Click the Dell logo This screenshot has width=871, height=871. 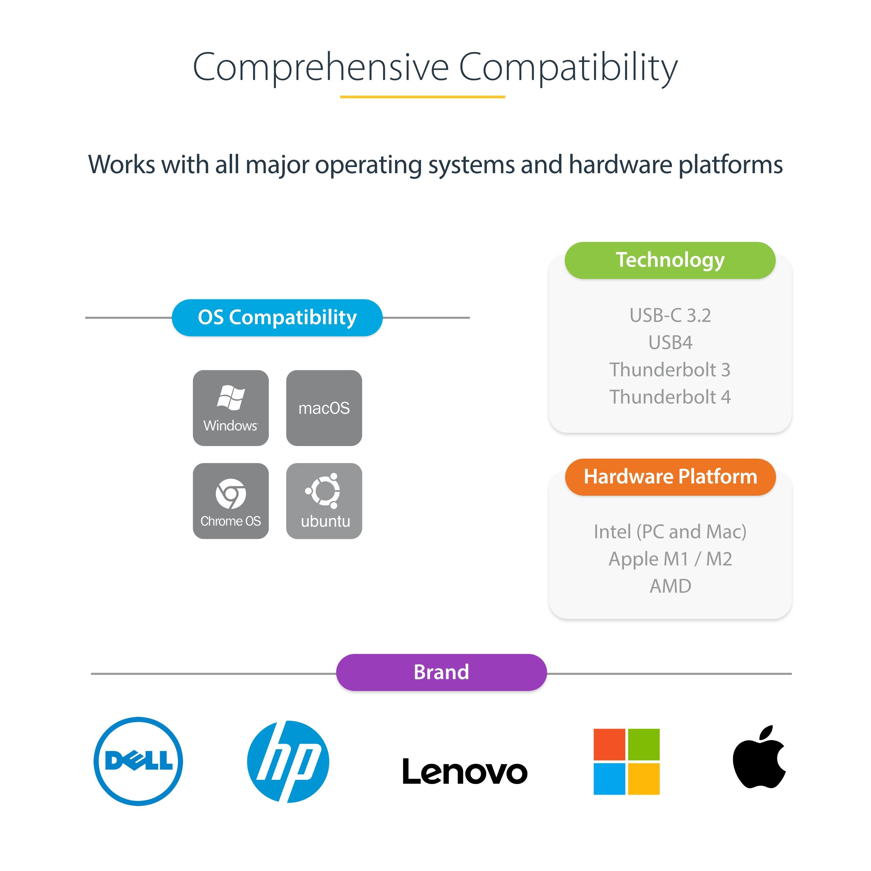click(x=138, y=761)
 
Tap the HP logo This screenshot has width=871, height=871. click(x=288, y=761)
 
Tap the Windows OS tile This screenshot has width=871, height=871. click(x=231, y=408)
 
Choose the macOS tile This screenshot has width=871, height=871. click(x=324, y=408)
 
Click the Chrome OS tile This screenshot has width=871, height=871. click(x=231, y=501)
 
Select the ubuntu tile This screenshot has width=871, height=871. click(x=324, y=501)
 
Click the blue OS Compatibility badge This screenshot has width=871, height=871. click(x=277, y=317)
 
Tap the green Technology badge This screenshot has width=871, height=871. click(x=670, y=260)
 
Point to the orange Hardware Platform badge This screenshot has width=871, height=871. click(x=670, y=477)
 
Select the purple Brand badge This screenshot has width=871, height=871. click(x=441, y=672)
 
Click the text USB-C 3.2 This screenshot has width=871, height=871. click(x=670, y=315)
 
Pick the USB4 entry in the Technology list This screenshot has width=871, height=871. click(x=670, y=343)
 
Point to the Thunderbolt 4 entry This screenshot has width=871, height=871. click(x=670, y=397)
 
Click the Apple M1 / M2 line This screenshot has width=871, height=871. click(x=670, y=559)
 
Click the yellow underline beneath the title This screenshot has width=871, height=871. click(x=423, y=97)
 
